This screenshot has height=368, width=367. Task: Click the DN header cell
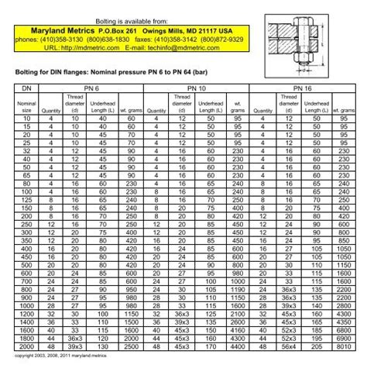point(27,89)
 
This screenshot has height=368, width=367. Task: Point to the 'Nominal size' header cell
point(27,106)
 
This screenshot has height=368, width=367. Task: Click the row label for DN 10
point(27,118)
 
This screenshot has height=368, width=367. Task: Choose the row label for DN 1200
point(27,316)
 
